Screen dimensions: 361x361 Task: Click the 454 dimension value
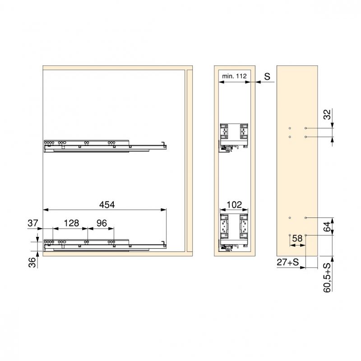[x=107, y=204]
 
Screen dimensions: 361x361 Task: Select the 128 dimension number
[x=71, y=223]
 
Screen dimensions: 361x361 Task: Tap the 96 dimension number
[x=102, y=223]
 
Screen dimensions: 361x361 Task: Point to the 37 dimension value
[x=32, y=223]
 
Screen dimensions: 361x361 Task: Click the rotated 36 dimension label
[x=32, y=263]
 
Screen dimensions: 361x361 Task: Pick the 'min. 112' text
[x=234, y=76]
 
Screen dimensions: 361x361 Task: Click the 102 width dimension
[x=234, y=204]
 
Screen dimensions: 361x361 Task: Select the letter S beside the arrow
[x=267, y=76]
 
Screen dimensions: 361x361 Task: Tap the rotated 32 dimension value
[x=327, y=115]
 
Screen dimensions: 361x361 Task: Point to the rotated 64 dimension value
[x=327, y=227]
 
